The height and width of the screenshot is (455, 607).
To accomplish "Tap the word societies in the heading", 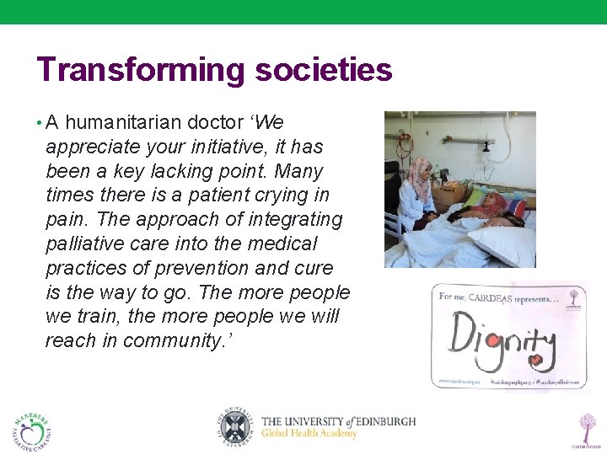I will click(324, 70).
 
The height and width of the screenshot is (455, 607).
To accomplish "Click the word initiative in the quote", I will click(223, 147).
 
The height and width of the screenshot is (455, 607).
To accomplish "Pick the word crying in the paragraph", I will click(275, 195).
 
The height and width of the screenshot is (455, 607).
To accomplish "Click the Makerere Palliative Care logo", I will click(32, 430).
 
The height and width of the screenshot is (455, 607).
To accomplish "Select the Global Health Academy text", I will click(309, 434).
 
